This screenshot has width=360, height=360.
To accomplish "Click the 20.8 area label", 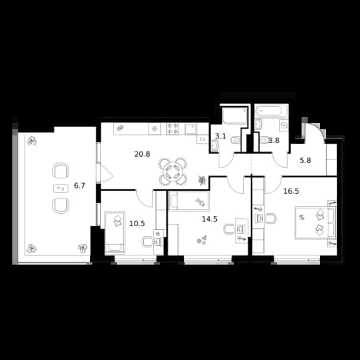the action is [142, 154].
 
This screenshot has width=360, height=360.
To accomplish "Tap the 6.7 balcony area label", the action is [79, 185].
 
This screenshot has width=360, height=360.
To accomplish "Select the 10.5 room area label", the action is [137, 223].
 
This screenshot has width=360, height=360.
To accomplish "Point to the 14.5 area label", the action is [210, 218].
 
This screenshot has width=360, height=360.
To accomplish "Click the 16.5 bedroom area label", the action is [291, 191].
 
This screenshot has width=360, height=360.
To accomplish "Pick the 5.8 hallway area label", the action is [305, 161].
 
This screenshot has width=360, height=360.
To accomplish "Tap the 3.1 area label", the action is [220, 136].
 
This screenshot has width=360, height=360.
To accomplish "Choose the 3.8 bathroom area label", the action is [275, 140].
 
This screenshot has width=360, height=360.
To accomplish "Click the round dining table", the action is [172, 172].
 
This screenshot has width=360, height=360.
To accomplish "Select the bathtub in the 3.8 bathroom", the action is [272, 111].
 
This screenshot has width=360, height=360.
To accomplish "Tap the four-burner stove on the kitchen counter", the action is [172, 128].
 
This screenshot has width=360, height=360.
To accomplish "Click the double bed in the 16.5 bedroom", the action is [315, 222].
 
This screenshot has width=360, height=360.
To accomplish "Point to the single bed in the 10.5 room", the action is [115, 232].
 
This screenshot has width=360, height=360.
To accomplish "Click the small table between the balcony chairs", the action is [61, 188].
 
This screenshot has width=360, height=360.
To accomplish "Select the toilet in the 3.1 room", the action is [235, 140].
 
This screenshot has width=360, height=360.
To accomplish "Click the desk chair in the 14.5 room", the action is [229, 229].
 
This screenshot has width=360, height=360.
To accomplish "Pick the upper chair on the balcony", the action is [61, 171].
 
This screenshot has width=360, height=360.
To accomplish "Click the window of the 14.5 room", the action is [208, 259].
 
